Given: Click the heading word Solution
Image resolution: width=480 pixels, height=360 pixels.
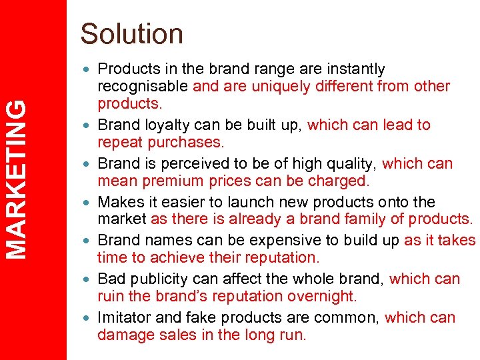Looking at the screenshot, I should pos(131,34).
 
